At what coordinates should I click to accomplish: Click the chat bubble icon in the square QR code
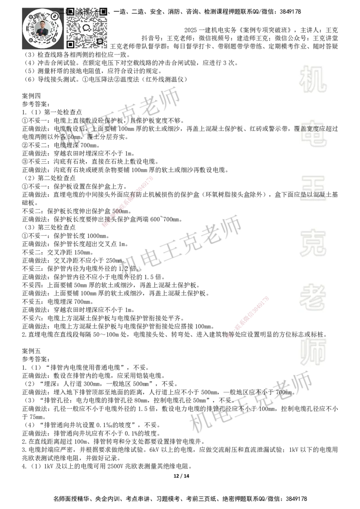pos(87,28)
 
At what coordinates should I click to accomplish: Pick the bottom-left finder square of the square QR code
pos(70,44)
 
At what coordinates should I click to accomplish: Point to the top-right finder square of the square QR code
pos(103,11)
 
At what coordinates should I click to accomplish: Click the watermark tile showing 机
pos(313,79)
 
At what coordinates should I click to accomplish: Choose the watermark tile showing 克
pos(313,243)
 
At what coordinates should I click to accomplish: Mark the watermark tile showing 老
pos(313,297)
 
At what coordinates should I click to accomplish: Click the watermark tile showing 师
pos(313,353)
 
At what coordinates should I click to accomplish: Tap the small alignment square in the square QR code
pos(99,41)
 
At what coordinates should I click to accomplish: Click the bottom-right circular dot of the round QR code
pos(54,40)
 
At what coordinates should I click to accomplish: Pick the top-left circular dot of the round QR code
pos(30,17)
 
